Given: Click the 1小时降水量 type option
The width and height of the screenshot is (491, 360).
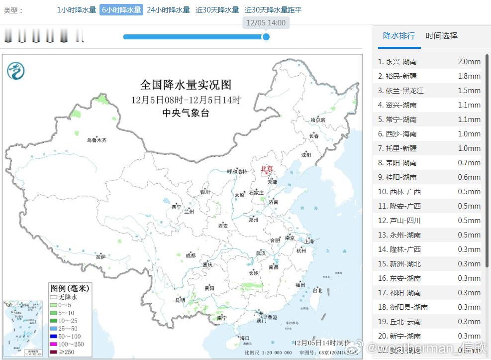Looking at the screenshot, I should pos(76,10).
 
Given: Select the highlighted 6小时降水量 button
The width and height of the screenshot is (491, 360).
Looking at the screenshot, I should pos(121,10).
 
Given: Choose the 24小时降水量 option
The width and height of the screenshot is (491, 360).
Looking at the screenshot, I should pos(168,10).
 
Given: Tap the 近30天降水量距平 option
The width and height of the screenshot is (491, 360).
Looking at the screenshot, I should pos(273,10).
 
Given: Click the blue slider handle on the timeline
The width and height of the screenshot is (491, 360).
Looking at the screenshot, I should pos(266,36).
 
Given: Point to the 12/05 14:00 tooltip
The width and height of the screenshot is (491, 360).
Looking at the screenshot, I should pos(266,23).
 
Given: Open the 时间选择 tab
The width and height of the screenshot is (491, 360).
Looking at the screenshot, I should pos(441,36).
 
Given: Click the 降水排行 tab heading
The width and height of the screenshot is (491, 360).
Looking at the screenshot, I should pos(398,36).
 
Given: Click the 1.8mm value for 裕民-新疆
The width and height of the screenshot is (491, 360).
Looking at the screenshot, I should pos(469,76).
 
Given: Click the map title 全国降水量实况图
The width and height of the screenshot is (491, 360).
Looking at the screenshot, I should pos(186,85).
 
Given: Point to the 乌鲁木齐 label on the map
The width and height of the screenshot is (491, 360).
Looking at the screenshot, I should pos(97,140).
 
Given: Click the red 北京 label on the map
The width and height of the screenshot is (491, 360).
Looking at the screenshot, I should pos(267,169).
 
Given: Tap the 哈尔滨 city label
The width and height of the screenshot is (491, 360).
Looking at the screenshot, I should pos(317,120).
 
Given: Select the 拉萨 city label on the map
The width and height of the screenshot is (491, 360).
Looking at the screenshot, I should pos(101,256).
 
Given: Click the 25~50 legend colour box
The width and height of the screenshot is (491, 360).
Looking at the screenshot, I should pos(53,329).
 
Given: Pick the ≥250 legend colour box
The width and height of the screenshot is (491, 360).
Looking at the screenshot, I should pos(53,352).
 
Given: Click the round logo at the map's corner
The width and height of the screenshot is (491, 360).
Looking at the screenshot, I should pos(15,71).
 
